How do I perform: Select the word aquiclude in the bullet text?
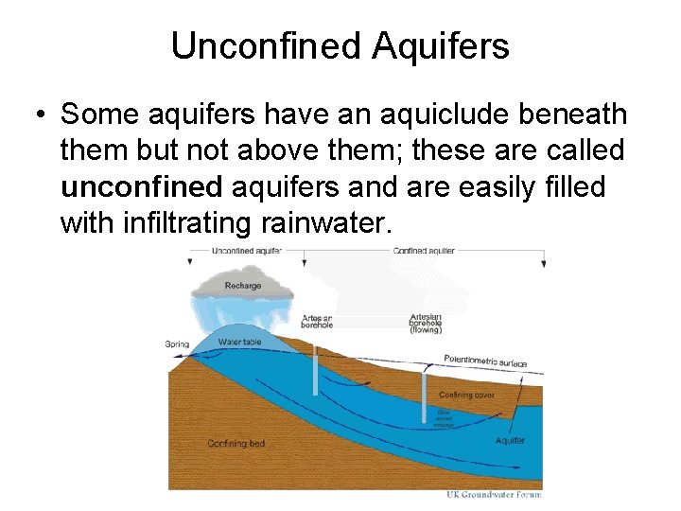[442, 115]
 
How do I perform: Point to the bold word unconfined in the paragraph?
[141, 186]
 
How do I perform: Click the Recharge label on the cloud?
[243, 285]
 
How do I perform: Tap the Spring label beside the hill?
[178, 344]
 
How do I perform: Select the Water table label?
[238, 342]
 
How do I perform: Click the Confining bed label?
[236, 443]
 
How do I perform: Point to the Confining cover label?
[467, 395]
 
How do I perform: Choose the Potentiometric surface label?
[485, 361]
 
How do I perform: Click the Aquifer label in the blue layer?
[510, 441]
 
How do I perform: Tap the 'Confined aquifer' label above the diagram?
[425, 251]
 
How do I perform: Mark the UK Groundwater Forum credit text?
[494, 494]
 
